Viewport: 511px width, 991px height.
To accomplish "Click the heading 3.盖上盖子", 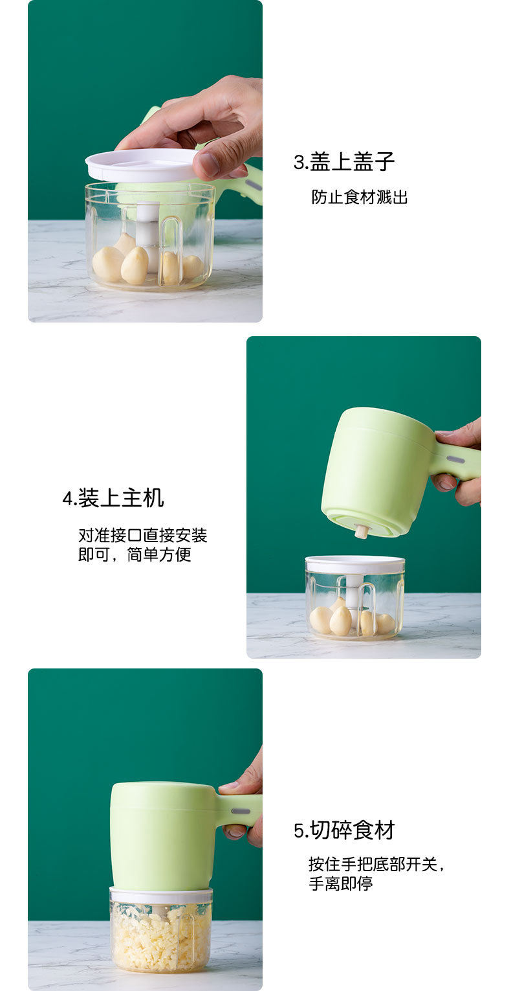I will click(344, 162).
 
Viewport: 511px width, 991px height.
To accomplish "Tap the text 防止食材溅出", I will click(360, 198).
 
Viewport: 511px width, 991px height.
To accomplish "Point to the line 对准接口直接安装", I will click(142, 536).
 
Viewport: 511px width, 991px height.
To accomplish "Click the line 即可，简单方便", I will click(135, 555).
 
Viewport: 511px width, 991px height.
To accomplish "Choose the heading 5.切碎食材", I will click(344, 830).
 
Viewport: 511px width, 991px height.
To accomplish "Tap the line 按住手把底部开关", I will click(376, 864).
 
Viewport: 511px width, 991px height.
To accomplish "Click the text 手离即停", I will click(341, 883).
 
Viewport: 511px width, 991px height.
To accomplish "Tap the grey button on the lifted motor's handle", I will click(455, 459).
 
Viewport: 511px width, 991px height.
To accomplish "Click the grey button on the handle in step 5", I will click(241, 811).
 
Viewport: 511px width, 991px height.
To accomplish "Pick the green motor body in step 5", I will click(162, 836).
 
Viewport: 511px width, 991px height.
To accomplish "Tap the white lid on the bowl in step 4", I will click(354, 564).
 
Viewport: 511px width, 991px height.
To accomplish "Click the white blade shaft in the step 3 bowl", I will click(148, 227).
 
